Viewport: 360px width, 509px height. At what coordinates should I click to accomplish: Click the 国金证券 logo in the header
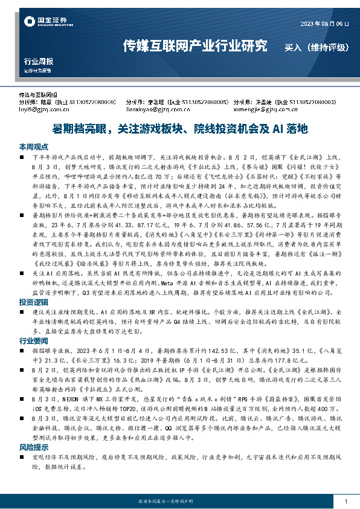44,22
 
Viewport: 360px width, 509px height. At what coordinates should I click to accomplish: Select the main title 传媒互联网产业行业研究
195,45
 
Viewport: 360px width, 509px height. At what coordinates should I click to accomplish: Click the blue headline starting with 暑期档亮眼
179,129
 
